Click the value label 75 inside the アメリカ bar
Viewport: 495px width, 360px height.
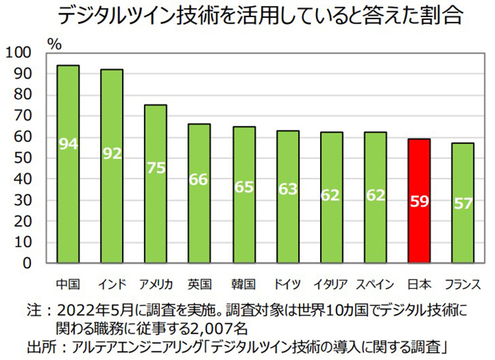click(x=156, y=167)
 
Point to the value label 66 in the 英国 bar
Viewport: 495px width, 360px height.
click(x=199, y=179)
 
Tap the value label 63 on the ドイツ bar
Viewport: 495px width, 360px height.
click(x=288, y=189)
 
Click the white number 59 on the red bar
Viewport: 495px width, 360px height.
click(x=420, y=202)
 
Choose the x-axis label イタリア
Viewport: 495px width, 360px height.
click(x=331, y=285)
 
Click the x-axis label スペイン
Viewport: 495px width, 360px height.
click(x=375, y=285)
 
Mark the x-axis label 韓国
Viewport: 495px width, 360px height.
click(x=244, y=285)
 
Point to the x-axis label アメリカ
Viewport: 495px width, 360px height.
click(x=156, y=285)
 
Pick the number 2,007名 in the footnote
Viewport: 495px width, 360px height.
click(x=220, y=327)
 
